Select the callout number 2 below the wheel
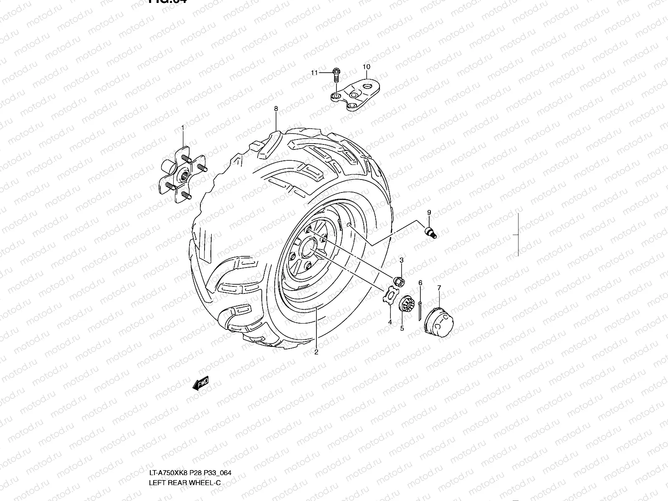point(316,352)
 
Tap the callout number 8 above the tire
point(276,109)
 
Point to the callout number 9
point(429,213)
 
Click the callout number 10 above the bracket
point(366,67)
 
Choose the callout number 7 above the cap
point(439,288)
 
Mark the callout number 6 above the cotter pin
point(420,283)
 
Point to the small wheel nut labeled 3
point(399,281)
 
